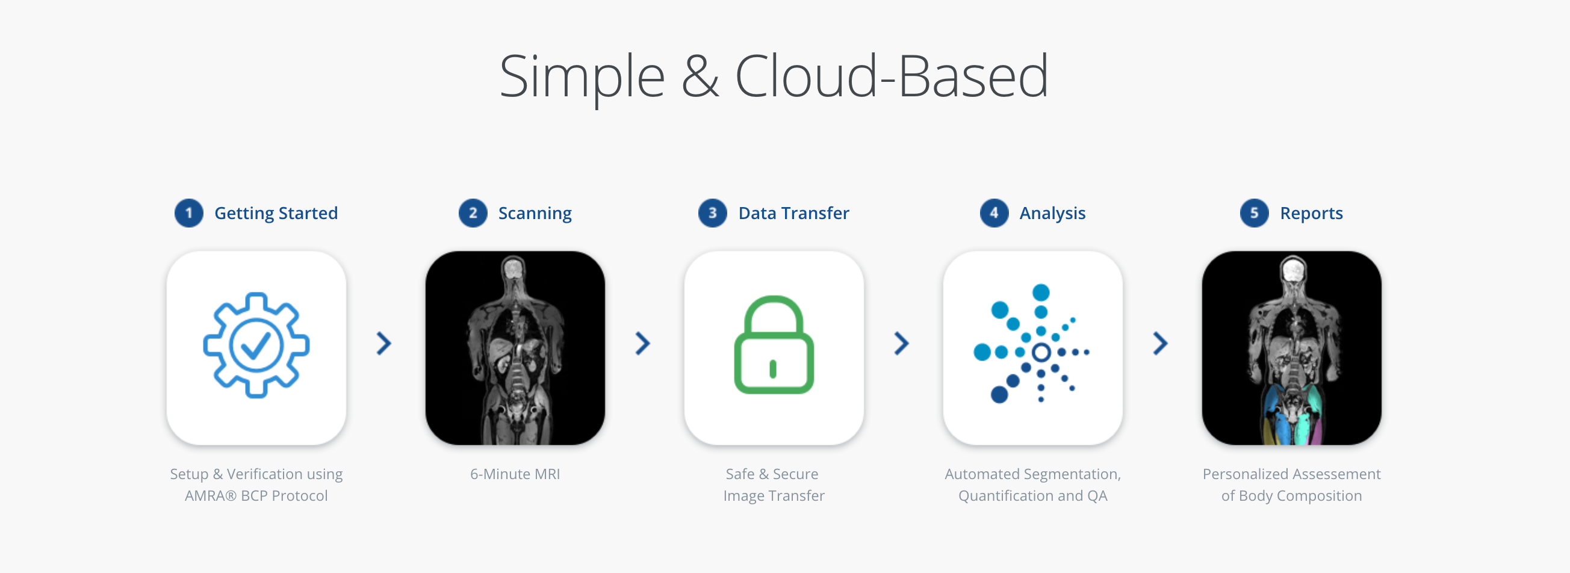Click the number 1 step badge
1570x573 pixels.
click(x=189, y=213)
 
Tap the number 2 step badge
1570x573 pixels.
click(x=473, y=213)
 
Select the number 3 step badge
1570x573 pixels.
click(x=713, y=213)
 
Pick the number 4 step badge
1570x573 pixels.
click(x=994, y=213)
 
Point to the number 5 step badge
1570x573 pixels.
click(x=1255, y=213)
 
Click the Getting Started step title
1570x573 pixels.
click(x=276, y=213)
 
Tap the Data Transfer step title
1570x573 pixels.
click(x=793, y=213)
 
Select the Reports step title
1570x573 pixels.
click(x=1311, y=213)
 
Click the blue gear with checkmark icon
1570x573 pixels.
click(x=256, y=345)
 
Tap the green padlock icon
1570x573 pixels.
click(x=774, y=345)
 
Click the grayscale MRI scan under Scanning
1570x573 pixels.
click(x=515, y=347)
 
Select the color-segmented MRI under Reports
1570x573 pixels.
click(x=1291, y=347)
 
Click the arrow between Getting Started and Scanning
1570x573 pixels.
click(x=383, y=344)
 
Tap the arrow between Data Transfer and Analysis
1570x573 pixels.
click(x=901, y=344)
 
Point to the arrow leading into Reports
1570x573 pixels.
click(x=1161, y=344)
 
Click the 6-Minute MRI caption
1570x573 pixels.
click(x=515, y=474)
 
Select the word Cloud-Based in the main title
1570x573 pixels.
click(x=892, y=76)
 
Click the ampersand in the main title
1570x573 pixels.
click(x=700, y=76)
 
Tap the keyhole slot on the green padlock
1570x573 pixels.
click(x=773, y=369)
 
